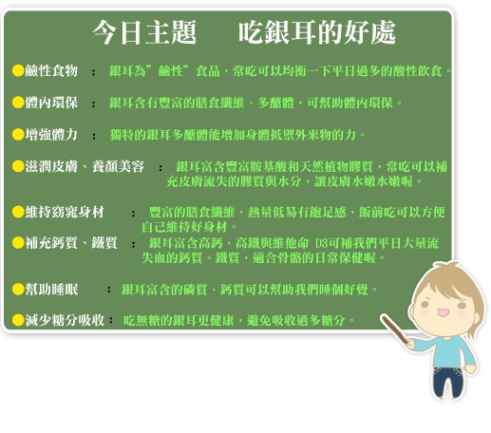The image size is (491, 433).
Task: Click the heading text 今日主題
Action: (144, 32)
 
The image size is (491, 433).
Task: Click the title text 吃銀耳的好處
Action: (317, 32)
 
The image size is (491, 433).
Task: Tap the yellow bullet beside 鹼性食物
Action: (18, 70)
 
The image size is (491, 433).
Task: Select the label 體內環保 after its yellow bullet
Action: (51, 103)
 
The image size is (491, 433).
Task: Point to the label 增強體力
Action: (51, 135)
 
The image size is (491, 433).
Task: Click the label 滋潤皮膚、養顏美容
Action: (85, 166)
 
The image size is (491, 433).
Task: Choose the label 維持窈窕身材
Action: (65, 212)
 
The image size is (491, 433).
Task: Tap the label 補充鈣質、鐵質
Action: (71, 243)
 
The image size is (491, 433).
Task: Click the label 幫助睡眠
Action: (51, 289)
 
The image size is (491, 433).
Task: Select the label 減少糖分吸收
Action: (65, 320)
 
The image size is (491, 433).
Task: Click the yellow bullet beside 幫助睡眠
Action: (18, 289)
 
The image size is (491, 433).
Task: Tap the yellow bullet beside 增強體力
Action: (18, 135)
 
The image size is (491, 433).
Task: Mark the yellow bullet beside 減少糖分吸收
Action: (18, 320)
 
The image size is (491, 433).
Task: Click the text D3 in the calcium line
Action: (321, 243)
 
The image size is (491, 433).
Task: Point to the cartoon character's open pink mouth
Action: (443, 312)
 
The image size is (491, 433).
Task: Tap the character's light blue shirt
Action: (448, 352)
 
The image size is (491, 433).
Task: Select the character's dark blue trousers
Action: (446, 381)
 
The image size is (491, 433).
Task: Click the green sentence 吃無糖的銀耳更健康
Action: (179, 320)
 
